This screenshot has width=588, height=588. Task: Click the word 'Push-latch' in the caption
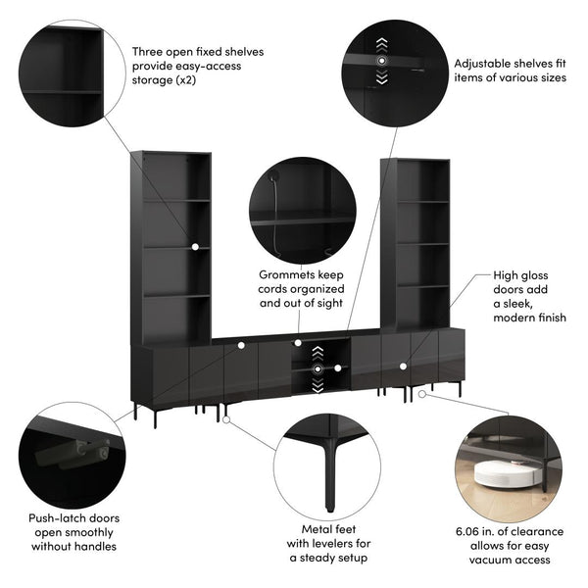[x=62, y=514]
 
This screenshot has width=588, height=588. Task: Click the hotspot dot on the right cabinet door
[x=402, y=366]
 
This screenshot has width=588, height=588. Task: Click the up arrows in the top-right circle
[x=381, y=44]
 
